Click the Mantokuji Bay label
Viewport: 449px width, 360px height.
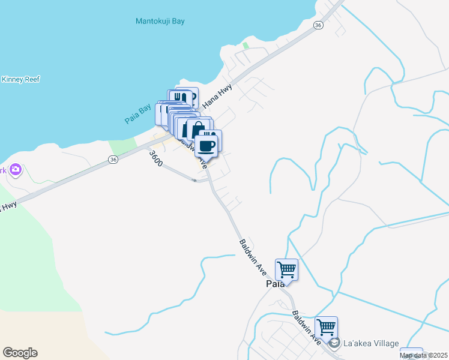coord(160,21)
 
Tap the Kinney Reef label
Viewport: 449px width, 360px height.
coord(20,79)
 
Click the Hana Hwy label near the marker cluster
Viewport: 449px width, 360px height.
coord(217,95)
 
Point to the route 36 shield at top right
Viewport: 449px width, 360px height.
coord(318,25)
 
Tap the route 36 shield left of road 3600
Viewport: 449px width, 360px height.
coord(113,159)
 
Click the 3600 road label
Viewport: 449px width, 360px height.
coord(155,158)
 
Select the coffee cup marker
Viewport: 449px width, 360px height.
coord(207,145)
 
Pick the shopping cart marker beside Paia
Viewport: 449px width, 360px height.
coord(287,269)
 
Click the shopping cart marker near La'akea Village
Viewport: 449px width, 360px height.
coord(326,328)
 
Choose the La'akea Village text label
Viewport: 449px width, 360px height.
coord(370,343)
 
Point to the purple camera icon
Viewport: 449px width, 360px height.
coord(15,170)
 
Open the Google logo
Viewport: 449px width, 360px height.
coord(20,353)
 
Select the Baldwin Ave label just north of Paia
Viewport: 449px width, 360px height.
coord(253,257)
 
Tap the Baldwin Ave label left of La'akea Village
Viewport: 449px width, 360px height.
coord(307,327)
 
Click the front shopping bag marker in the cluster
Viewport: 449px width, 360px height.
coord(197,131)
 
